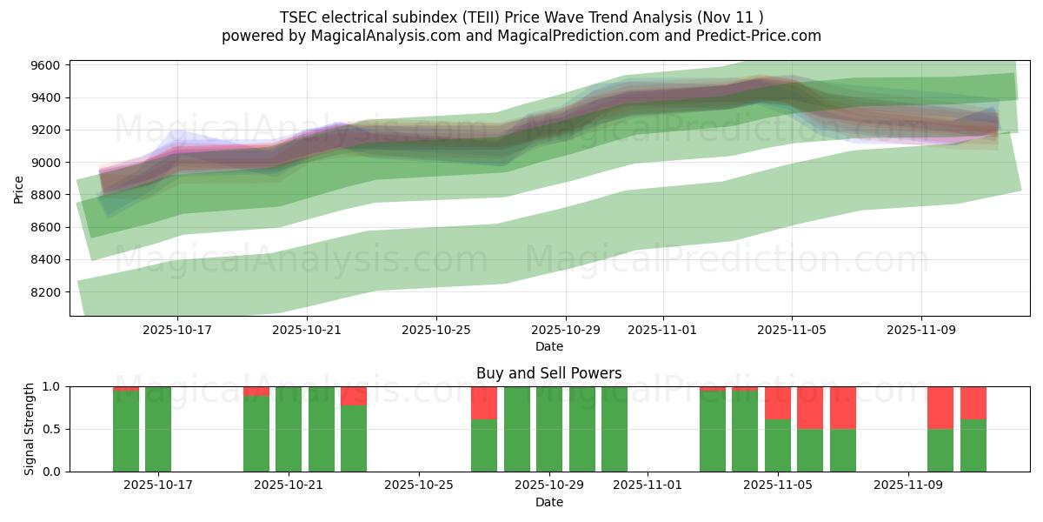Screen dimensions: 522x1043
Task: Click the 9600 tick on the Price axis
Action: click(x=44, y=65)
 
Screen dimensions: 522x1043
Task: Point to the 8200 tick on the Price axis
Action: click(x=44, y=292)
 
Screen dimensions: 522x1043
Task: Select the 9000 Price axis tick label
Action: click(x=44, y=163)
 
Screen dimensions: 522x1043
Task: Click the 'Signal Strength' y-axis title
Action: click(x=30, y=429)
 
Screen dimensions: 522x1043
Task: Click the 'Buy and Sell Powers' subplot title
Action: click(x=548, y=373)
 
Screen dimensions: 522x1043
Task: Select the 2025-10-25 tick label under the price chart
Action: click(x=436, y=331)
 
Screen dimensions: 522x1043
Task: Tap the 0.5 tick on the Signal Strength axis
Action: click(x=51, y=429)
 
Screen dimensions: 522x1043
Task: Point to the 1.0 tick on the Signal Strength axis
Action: click(x=51, y=386)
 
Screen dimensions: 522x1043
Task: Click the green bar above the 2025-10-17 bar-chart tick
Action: click(x=158, y=429)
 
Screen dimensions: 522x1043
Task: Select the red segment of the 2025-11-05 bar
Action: click(x=778, y=403)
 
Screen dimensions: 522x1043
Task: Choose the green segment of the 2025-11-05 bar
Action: click(x=778, y=445)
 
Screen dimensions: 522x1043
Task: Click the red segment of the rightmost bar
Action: click(x=973, y=403)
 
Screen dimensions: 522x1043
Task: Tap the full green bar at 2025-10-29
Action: click(x=549, y=429)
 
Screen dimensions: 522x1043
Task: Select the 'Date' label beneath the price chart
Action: click(x=548, y=346)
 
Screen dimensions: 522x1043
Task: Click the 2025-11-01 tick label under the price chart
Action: click(x=662, y=331)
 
